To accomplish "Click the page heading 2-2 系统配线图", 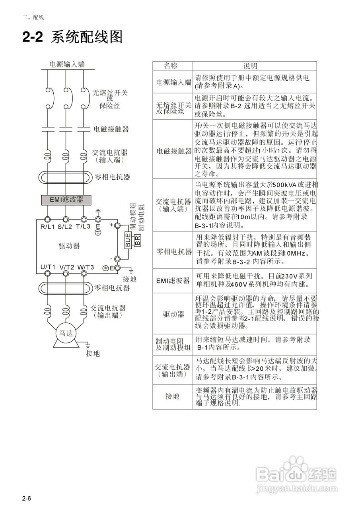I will [72, 37].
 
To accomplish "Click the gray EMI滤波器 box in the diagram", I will [67, 200].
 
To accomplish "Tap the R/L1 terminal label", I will [48, 227].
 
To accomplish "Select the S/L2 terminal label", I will [65, 227].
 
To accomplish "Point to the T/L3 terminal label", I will [83, 227].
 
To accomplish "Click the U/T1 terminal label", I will [48, 267].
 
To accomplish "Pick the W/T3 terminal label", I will [86, 267].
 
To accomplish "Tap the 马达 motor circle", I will [66, 333].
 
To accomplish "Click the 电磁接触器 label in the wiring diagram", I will [111, 129].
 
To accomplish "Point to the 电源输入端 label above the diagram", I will [67, 64].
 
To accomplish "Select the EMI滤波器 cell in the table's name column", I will [173, 281].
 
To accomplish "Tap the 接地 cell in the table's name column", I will [173, 396].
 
